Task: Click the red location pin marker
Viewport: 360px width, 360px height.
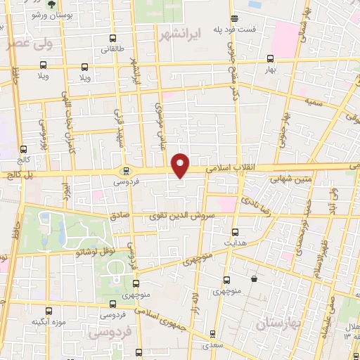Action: (181, 165)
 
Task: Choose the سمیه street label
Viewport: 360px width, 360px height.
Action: (313, 102)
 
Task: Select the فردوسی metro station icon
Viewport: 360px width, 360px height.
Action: (127, 170)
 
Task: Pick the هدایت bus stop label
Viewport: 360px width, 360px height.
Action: (235, 243)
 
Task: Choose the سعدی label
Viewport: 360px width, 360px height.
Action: (211, 345)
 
